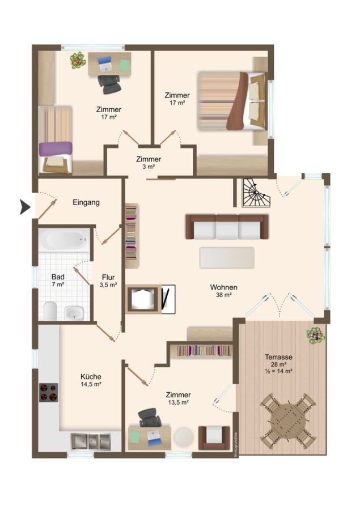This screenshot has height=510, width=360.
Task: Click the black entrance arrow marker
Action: [x=25, y=207]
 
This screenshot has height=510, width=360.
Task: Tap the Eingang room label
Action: [x=86, y=202]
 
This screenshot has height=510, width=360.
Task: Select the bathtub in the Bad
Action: [x=65, y=240]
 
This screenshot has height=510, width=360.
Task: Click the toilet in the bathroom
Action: [x=50, y=311]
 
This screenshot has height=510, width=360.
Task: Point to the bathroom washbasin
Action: [x=74, y=313]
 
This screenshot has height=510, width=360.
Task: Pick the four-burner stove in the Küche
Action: [x=49, y=392]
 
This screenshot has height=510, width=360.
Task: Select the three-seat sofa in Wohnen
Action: [x=227, y=227]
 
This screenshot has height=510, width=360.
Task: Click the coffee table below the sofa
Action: [x=227, y=258]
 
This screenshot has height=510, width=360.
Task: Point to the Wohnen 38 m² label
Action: [x=223, y=291]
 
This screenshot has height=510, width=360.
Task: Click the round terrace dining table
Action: [x=288, y=421]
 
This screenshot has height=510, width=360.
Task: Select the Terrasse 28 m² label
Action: [x=278, y=360]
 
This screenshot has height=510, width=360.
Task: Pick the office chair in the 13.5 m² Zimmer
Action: [x=150, y=418]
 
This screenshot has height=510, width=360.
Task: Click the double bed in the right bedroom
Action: [x=231, y=101]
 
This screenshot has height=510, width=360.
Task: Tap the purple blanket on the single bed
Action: [x=56, y=149]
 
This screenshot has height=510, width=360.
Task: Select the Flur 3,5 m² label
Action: [x=108, y=281]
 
